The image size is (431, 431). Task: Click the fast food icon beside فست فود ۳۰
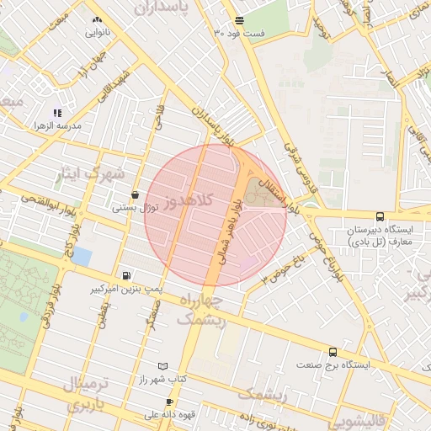coord(240,19)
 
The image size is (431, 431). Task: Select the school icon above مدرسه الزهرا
coord(57,113)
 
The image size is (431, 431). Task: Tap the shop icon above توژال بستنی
coord(135,194)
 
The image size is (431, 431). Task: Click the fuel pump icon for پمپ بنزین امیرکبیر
coord(126,274)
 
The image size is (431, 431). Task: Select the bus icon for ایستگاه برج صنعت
coord(333,353)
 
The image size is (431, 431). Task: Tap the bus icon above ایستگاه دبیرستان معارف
coord(380,216)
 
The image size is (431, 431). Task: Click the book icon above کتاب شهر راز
coord(162,366)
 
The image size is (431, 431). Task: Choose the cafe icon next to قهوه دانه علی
coord(169,402)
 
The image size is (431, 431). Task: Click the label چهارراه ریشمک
coord(201,309)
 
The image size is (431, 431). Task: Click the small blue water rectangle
coord(82,256)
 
